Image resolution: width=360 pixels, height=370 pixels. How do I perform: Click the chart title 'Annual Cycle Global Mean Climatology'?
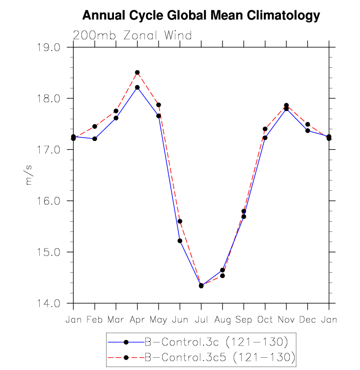pos(201,16)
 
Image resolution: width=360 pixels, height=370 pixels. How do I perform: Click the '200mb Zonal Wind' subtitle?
pos(132,35)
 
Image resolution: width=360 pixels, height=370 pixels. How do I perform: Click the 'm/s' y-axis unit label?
pos(28,176)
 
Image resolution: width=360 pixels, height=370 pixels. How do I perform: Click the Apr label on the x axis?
pos(137,320)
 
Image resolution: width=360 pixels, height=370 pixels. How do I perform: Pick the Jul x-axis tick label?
pos(201,320)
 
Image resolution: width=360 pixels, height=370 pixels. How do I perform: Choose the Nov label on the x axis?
pos(286,320)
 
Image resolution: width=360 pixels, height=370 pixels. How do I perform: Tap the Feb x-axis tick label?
pos(94,320)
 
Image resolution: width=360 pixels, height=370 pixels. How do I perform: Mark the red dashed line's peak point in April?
pos(137,73)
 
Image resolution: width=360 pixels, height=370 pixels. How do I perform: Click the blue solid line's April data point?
pos(137,87)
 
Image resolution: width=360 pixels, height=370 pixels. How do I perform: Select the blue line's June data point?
pos(180,241)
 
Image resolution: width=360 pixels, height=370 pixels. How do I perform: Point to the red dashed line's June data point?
pos(180,221)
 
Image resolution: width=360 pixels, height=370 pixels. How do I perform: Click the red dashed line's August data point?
pos(222,276)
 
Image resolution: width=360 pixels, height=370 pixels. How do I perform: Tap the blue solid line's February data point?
pos(94,139)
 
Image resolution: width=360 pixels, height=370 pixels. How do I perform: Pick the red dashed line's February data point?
pos(94,126)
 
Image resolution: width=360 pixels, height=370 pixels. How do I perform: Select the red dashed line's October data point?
pos(265,129)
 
